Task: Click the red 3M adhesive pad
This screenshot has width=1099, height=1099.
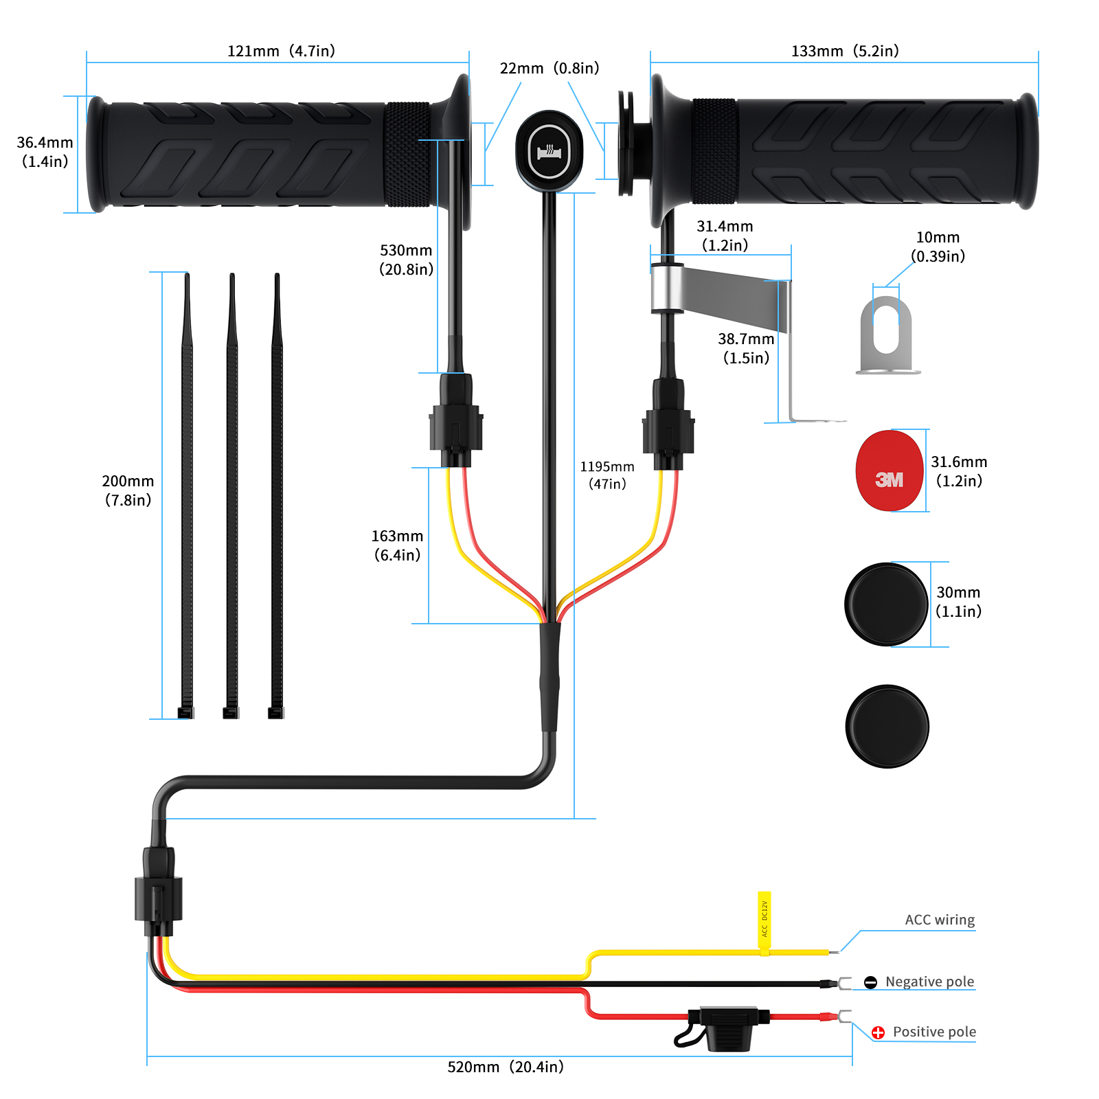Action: point(889,471)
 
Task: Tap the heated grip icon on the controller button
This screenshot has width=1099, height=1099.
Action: point(549,152)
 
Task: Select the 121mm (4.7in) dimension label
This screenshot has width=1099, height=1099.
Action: point(281,51)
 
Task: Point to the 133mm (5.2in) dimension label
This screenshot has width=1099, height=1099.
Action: point(845,51)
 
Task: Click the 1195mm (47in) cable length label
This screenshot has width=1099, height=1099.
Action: point(607,475)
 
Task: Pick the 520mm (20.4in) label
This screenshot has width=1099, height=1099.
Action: point(506,1067)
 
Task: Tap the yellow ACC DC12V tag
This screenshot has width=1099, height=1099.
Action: point(764,921)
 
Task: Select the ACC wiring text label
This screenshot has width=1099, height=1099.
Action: point(940,920)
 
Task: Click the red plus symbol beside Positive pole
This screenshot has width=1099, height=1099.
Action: point(878,1032)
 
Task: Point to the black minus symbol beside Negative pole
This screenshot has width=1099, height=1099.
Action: point(870,982)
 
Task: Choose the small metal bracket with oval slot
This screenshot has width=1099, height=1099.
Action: point(887,335)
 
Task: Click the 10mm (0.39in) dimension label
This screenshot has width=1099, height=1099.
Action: point(938,247)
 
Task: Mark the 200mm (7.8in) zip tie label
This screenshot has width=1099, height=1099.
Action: point(128,490)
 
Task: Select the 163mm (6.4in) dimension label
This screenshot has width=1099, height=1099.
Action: point(397,545)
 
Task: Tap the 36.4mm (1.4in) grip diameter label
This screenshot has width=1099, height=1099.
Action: point(45,152)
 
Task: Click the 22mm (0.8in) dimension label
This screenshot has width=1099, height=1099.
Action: point(549,68)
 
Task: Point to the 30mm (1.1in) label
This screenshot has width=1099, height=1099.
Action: point(958,602)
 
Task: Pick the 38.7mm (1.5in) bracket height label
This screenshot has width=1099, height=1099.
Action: point(746,348)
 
